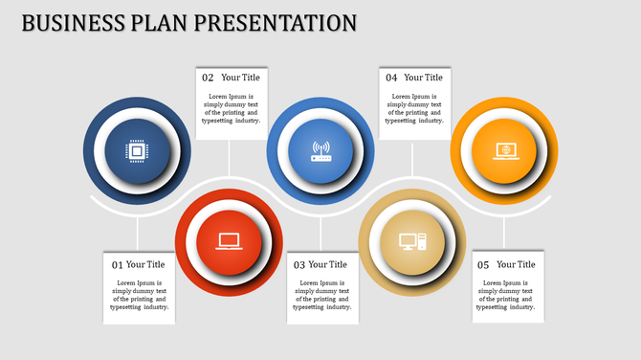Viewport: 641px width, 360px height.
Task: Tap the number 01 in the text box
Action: tap(118, 265)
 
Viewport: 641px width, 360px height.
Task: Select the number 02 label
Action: tap(208, 78)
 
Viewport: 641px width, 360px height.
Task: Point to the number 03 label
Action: tap(299, 265)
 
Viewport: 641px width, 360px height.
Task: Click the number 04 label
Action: tap(391, 78)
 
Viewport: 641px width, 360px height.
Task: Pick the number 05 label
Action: tap(483, 265)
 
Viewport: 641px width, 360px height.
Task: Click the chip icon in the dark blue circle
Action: tap(137, 151)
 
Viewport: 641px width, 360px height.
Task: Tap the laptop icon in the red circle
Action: tap(229, 241)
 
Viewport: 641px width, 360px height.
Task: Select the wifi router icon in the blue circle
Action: tap(320, 151)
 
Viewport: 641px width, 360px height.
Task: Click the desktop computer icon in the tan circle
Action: tap(412, 241)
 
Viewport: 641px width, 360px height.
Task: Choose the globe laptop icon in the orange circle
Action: tap(503, 150)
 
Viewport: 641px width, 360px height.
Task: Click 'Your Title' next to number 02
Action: tap(240, 78)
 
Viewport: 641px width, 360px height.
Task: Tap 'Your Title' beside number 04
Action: tap(423, 78)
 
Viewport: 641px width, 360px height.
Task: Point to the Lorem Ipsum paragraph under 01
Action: tap(138, 295)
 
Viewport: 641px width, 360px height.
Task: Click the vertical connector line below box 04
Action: tap(412, 158)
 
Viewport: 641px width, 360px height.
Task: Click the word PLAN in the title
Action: tap(156, 22)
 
